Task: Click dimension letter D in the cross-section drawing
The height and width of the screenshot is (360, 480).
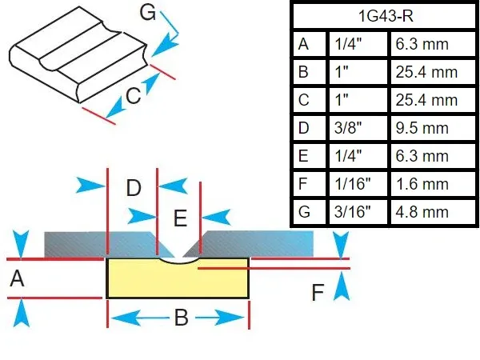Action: coord(133,190)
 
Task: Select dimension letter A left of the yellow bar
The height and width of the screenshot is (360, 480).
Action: coord(15,279)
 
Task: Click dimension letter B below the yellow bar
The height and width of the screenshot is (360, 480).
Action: coord(181,318)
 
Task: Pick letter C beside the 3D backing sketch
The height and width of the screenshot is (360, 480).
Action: coord(134,98)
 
